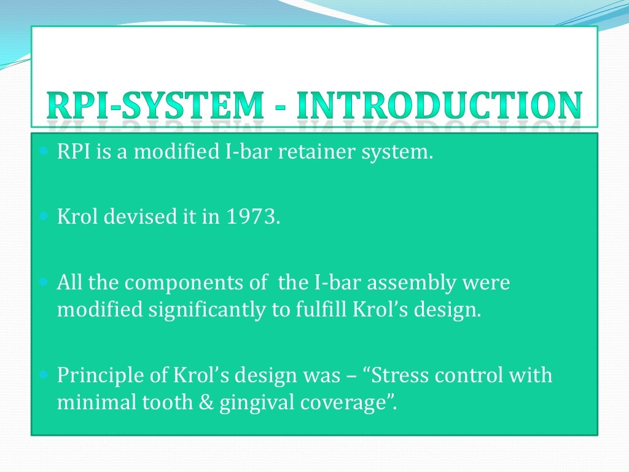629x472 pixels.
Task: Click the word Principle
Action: tap(98, 376)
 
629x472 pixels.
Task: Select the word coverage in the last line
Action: tap(351, 404)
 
